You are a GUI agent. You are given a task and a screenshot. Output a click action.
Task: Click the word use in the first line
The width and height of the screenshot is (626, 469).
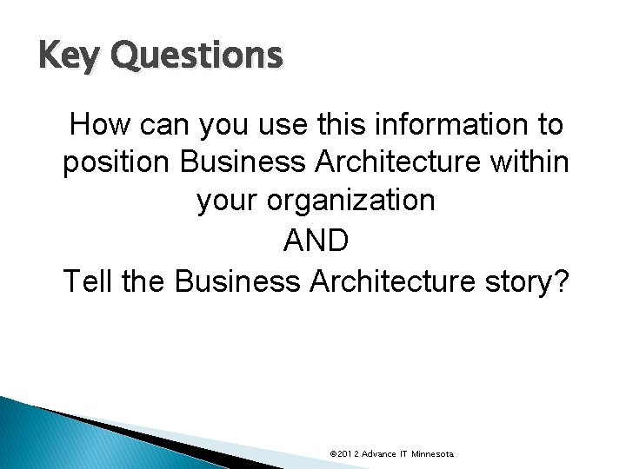click(288, 126)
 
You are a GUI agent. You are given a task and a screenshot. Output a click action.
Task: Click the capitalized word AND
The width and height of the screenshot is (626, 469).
click(316, 240)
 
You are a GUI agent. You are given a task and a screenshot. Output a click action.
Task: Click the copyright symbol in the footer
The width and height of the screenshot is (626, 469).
click(334, 454)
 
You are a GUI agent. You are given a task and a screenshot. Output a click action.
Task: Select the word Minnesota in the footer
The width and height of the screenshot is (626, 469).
click(436, 454)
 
